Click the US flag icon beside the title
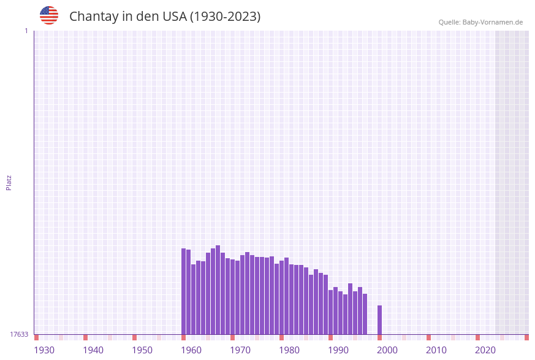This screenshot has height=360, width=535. coord(49,15)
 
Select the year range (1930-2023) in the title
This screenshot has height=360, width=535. coord(225,17)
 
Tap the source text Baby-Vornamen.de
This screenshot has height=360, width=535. coord(492,22)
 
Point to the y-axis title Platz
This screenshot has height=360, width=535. coord(9,182)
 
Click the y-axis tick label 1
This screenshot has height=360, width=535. coord(26,31)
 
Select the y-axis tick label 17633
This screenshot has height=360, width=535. coord(19,334)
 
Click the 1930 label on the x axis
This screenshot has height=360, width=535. coord(44,350)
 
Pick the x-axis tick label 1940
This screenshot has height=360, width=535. coord(93,350)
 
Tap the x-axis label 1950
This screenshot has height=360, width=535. coord(142,350)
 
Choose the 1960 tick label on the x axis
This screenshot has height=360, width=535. coord(191,350)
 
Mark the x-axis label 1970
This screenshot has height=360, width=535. coord(240,350)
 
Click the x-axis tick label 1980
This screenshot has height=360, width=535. coord(289,350)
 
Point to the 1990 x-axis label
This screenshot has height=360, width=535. coord(338,350)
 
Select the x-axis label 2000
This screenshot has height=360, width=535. coord(387,350)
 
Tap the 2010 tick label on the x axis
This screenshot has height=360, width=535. coord(436,350)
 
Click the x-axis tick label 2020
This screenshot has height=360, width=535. coord(485,350)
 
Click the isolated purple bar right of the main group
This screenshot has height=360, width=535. coord(379,320)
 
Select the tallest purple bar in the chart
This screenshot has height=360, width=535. coord(218,289)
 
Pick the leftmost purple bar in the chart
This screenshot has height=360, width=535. coord(183,291)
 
